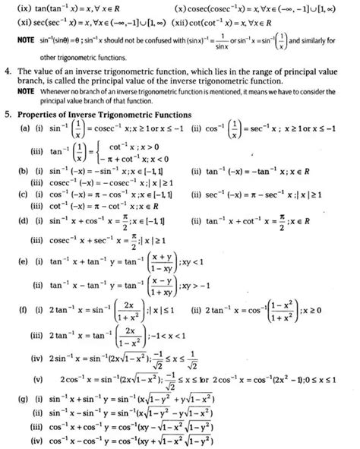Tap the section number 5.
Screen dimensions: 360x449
point(8,115)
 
